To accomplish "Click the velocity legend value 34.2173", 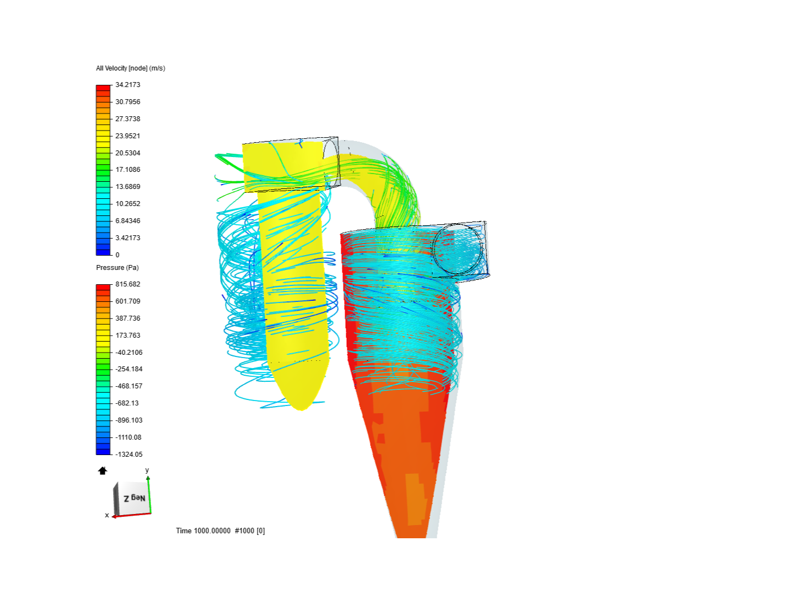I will (127, 85).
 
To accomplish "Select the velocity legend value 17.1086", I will (127, 170).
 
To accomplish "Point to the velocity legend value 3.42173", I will (127, 238).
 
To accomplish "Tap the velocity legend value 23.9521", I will (127, 136).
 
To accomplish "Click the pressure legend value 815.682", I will (127, 284).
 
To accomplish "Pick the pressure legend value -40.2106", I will (128, 353).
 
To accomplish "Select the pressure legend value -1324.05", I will (128, 455).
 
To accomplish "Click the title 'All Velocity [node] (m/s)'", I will (131, 68).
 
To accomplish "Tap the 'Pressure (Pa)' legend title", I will (117, 268).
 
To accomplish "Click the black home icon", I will (103, 470).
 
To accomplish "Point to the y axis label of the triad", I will (147, 470).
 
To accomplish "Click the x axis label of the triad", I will (107, 515).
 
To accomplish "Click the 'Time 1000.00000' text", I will (203, 531).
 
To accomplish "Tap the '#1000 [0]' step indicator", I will (250, 531).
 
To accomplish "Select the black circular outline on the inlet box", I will (458, 250).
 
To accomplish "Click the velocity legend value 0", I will (117, 255).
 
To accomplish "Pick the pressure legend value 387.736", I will (127, 318).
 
